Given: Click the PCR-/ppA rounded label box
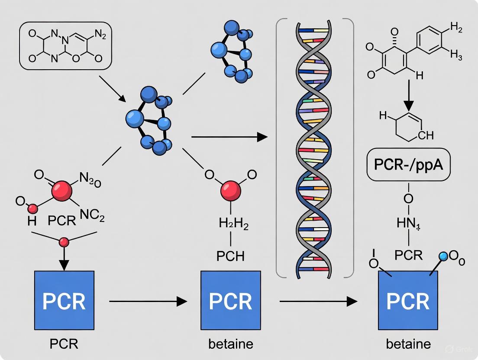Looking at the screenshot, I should tap(407, 165).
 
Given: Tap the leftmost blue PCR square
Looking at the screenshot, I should tap(64, 301).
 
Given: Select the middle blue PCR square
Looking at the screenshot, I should tap(230, 301).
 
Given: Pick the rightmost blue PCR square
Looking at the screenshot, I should tap(408, 301).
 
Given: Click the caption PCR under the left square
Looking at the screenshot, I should tap(64, 344).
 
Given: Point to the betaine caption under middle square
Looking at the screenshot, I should tap(230, 344).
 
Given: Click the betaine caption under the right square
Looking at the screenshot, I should tap(408, 344).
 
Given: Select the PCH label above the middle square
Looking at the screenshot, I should tap(230, 256).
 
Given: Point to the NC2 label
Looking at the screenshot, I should tap(93, 216).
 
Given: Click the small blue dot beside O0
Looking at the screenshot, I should tap(443, 257).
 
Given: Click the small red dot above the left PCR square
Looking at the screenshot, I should tap(64, 242).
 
